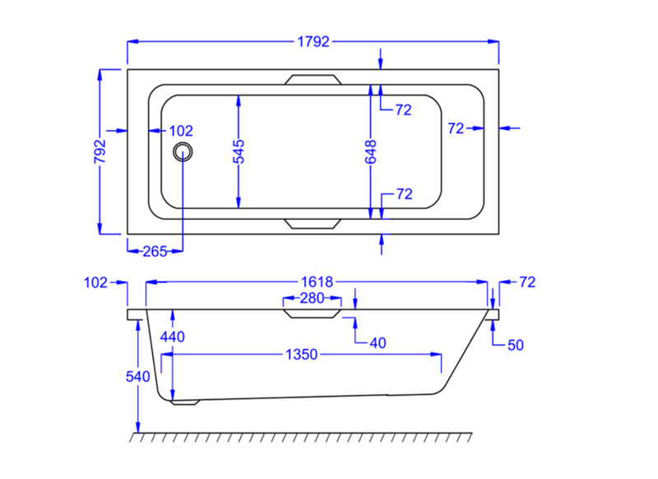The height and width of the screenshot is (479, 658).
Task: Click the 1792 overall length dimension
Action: tap(313, 41)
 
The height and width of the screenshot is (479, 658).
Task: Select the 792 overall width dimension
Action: tap(100, 151)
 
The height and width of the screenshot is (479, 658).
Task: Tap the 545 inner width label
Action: tap(239, 151)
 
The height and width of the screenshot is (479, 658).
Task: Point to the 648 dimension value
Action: tap(371, 151)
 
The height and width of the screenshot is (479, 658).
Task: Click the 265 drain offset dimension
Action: tap(155, 252)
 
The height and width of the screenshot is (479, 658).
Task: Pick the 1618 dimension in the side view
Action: tap(317, 282)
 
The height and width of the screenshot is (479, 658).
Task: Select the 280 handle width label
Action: tap(312, 299)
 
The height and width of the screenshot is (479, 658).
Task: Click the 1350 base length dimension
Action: tap(301, 355)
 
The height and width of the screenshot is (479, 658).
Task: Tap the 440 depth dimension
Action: tap(173, 337)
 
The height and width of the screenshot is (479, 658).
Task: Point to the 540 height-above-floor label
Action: tap(137, 377)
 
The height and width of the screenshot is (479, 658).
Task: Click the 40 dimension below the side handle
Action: tap(378, 343)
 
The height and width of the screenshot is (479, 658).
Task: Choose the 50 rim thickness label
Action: tap(516, 345)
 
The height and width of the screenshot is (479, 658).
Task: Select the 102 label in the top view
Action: tap(181, 131)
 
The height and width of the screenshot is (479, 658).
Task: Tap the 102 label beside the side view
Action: tap(95, 282)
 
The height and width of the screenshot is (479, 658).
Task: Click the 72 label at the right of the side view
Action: tap(527, 282)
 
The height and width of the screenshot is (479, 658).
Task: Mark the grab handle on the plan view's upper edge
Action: tap(313, 80)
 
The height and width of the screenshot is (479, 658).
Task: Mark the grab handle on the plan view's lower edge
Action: tap(313, 224)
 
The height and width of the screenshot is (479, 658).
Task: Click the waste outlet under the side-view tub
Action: tap(185, 402)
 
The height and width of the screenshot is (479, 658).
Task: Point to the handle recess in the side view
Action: tap(312, 314)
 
